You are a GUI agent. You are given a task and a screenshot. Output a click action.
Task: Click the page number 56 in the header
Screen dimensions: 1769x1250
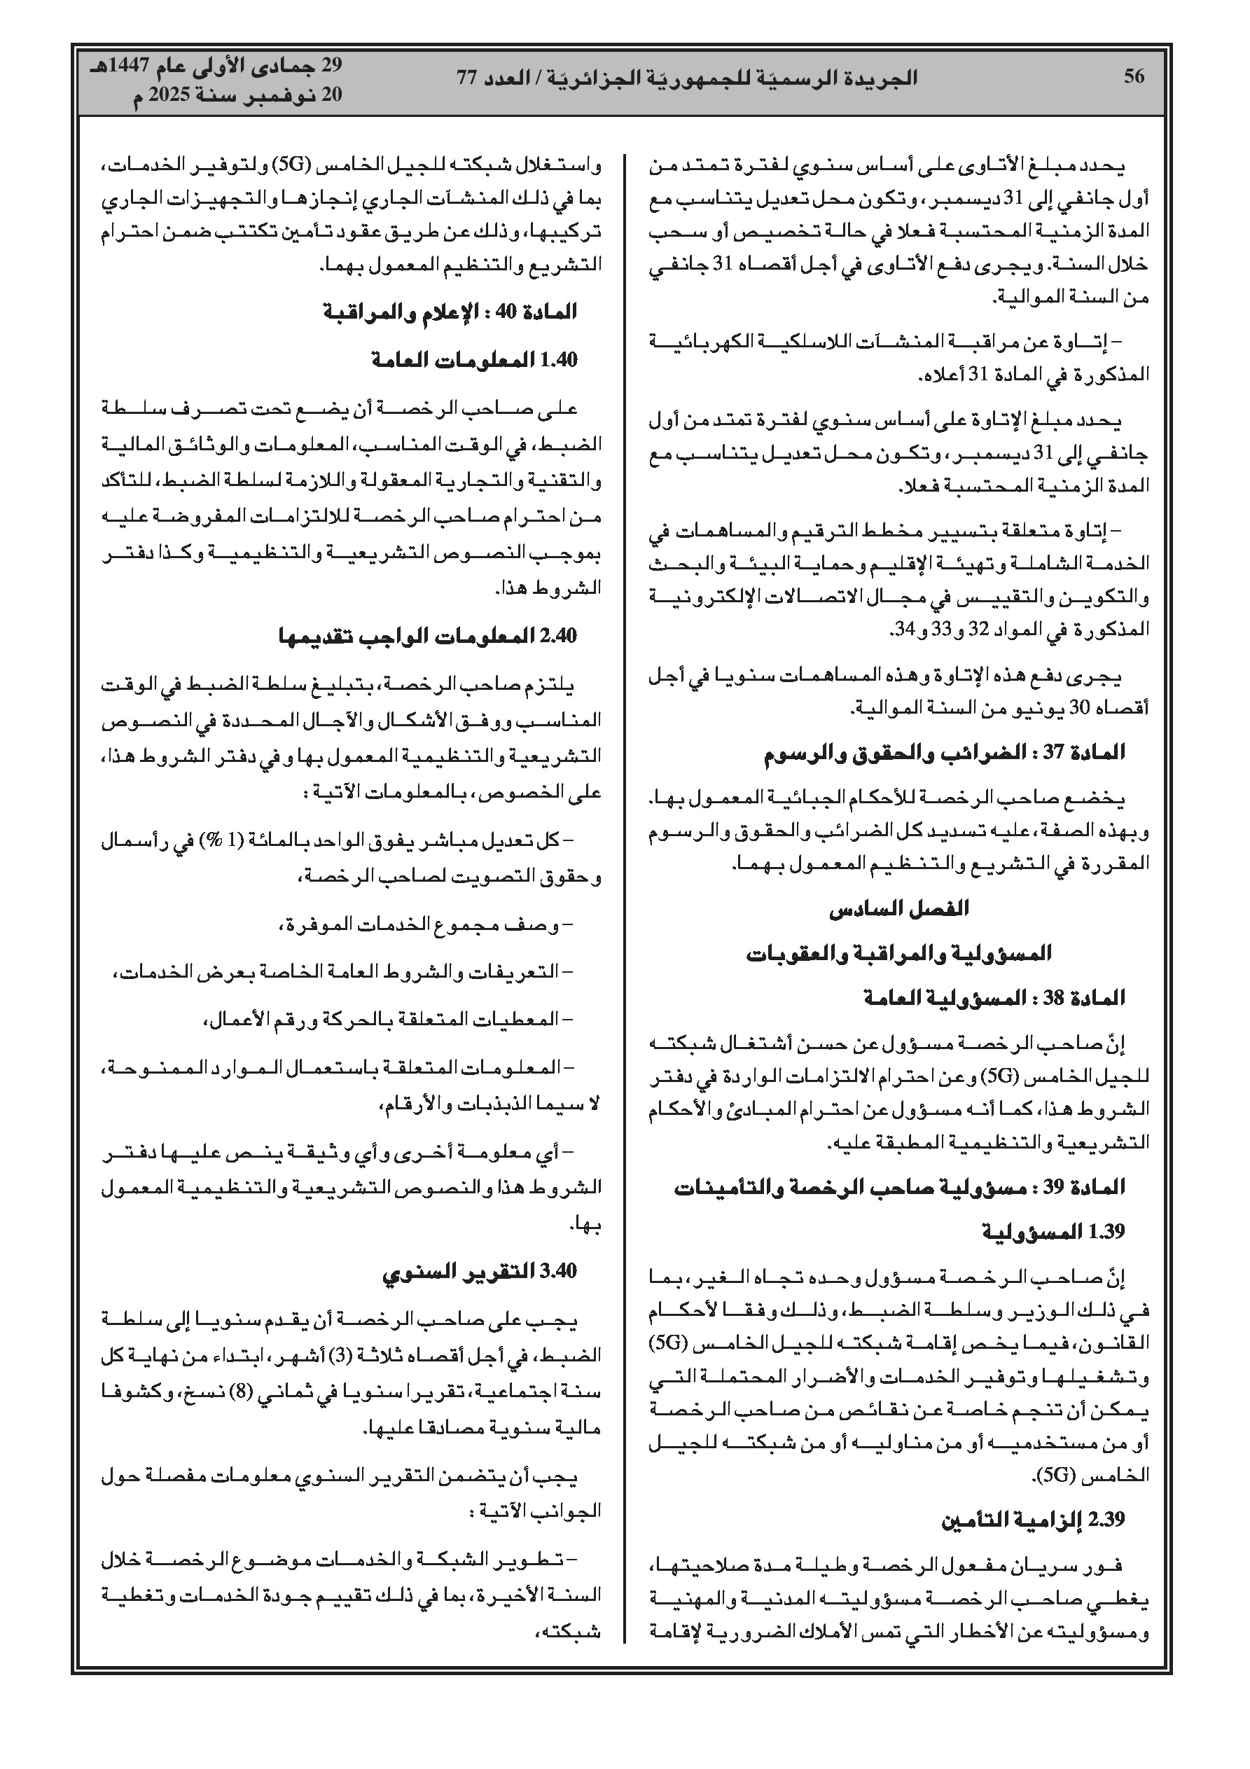[1134, 77]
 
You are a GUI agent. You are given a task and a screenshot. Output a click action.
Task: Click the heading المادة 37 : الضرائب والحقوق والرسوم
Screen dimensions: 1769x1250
[944, 753]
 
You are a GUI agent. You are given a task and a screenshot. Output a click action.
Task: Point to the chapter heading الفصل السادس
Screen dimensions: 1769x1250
[898, 909]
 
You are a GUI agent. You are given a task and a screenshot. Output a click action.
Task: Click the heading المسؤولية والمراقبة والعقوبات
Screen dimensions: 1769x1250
[898, 954]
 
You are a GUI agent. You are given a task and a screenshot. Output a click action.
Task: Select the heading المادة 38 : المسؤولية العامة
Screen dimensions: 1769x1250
[994, 999]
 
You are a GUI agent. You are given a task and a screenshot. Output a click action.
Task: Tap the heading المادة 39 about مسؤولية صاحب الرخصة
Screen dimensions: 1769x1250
[899, 1187]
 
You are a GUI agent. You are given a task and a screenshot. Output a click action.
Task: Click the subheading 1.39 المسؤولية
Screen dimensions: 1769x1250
[1053, 1232]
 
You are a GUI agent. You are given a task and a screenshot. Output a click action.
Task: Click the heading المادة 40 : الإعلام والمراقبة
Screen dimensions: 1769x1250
[450, 312]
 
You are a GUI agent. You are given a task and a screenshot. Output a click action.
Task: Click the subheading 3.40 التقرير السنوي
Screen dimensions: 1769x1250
[480, 1270]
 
